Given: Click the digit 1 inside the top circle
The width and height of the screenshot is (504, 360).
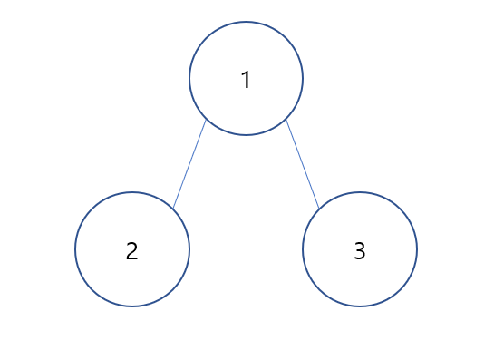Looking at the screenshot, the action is [246, 80].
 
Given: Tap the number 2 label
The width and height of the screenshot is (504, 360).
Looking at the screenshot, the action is [131, 251].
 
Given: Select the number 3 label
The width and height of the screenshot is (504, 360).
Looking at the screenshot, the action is [359, 251].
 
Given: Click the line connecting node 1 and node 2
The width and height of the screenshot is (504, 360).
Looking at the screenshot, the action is [189, 164].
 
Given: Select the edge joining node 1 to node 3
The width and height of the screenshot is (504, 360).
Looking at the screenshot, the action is [303, 163].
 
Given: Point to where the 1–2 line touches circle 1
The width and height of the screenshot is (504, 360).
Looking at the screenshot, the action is [206, 119].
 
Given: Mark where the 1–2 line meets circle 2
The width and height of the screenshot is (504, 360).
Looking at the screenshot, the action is [173, 209].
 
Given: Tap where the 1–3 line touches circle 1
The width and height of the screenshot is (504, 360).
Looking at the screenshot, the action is [286, 119].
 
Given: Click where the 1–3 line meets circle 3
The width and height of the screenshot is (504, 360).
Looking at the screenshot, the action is [319, 209].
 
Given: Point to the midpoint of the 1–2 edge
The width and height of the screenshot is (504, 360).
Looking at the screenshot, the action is [189, 164].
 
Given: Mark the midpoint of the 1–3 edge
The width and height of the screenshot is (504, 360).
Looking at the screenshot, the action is [303, 163].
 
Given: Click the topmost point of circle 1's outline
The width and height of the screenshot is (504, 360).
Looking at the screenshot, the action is [246, 22].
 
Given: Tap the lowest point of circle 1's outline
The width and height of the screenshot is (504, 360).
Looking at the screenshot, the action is [246, 135].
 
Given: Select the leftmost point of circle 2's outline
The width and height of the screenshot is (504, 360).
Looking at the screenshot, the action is [75, 249].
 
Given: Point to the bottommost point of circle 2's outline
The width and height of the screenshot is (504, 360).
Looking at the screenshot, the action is [132, 306].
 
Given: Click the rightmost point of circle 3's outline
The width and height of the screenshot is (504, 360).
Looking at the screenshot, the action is [417, 249].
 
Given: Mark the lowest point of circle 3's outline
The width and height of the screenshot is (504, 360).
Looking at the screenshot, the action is [360, 306].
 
